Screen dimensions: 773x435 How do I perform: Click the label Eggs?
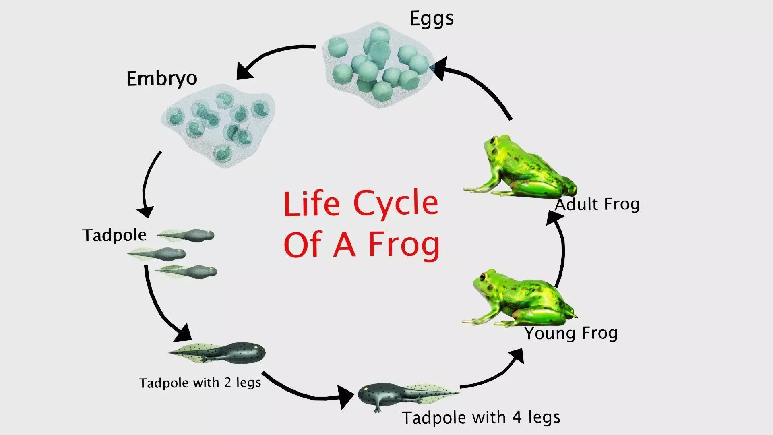432,19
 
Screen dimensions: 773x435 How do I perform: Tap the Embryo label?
162,78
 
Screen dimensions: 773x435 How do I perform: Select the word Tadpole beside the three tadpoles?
114,235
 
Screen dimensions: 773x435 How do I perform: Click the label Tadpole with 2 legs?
200,382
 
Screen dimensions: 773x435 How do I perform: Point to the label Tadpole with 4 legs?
481,417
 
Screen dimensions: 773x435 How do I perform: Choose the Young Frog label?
571,333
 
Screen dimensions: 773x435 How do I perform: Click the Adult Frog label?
597,204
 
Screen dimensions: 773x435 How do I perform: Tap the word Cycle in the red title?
396,203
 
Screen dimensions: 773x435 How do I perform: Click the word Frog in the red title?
404,244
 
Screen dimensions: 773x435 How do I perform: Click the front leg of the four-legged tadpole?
378,406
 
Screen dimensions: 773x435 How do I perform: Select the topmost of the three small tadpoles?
186,234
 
